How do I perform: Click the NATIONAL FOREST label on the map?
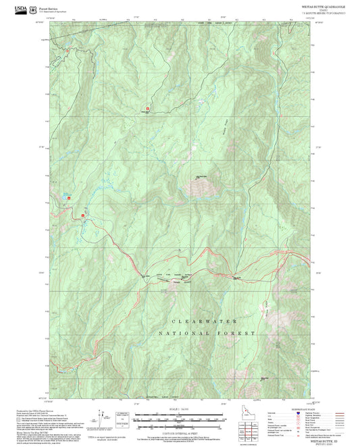(207, 334)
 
